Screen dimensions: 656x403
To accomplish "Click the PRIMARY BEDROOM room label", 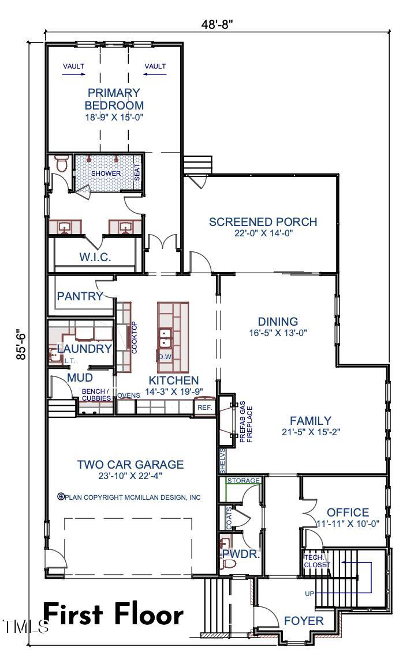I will (x=114, y=99).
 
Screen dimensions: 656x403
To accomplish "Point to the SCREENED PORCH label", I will (x=263, y=222).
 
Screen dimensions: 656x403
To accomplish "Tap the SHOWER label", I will (x=106, y=174).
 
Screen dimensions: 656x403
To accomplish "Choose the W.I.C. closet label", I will (x=95, y=257).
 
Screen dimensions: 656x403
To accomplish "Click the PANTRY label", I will (x=80, y=296).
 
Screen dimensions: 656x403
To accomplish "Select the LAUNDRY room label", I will (x=84, y=349).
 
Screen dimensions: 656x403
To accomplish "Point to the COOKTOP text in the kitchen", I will (x=134, y=337).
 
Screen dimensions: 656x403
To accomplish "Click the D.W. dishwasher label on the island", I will (x=165, y=357).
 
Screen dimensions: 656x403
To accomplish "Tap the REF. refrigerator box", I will (x=205, y=407).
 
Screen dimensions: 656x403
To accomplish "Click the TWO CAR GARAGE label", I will (x=130, y=464).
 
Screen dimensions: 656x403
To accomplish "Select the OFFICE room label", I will (x=348, y=512).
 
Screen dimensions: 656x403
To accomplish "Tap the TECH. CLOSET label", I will (x=317, y=561).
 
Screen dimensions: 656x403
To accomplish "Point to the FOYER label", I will (x=304, y=621).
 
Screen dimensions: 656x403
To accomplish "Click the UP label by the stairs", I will (x=310, y=593).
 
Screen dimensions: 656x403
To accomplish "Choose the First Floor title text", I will (x=113, y=614).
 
